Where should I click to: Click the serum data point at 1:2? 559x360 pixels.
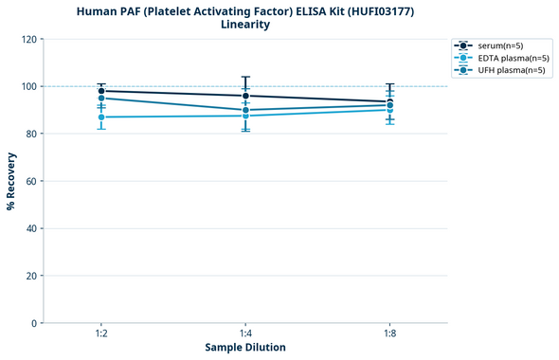point(101,91)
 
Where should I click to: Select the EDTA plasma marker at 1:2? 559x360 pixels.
point(101,117)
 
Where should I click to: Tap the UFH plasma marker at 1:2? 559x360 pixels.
point(101,99)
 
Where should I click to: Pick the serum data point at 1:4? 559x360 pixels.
point(245,96)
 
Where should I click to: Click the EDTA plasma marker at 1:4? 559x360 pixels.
point(245,116)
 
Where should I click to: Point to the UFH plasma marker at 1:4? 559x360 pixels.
point(245,110)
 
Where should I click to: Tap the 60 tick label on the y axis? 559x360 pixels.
point(29,181)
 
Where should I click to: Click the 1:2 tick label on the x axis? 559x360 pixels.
point(101,334)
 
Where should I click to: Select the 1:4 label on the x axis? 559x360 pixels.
point(245,334)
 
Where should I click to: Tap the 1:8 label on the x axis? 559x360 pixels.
point(389,334)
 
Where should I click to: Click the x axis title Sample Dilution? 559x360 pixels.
point(245,348)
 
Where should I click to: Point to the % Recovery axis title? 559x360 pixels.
point(10,181)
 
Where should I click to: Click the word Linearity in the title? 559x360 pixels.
point(244,25)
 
